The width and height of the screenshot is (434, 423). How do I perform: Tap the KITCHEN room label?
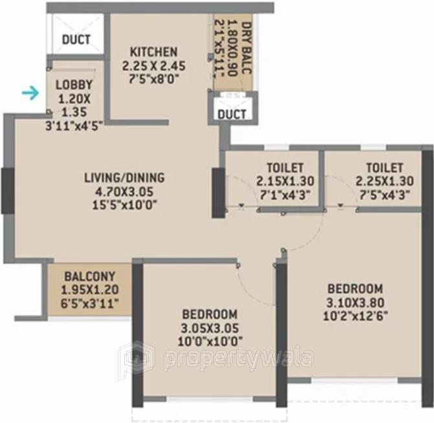[x=153, y=52]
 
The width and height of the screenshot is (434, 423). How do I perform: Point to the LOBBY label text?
[x=74, y=85]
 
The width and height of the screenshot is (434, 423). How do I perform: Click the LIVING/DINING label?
[x=125, y=177]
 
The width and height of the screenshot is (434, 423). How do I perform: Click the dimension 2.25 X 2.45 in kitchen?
[x=153, y=66]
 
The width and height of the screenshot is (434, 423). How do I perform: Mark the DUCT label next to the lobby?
[x=76, y=39]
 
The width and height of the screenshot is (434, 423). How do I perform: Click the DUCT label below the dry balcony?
[x=232, y=114]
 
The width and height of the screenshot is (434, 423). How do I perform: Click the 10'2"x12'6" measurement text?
[x=354, y=317]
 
